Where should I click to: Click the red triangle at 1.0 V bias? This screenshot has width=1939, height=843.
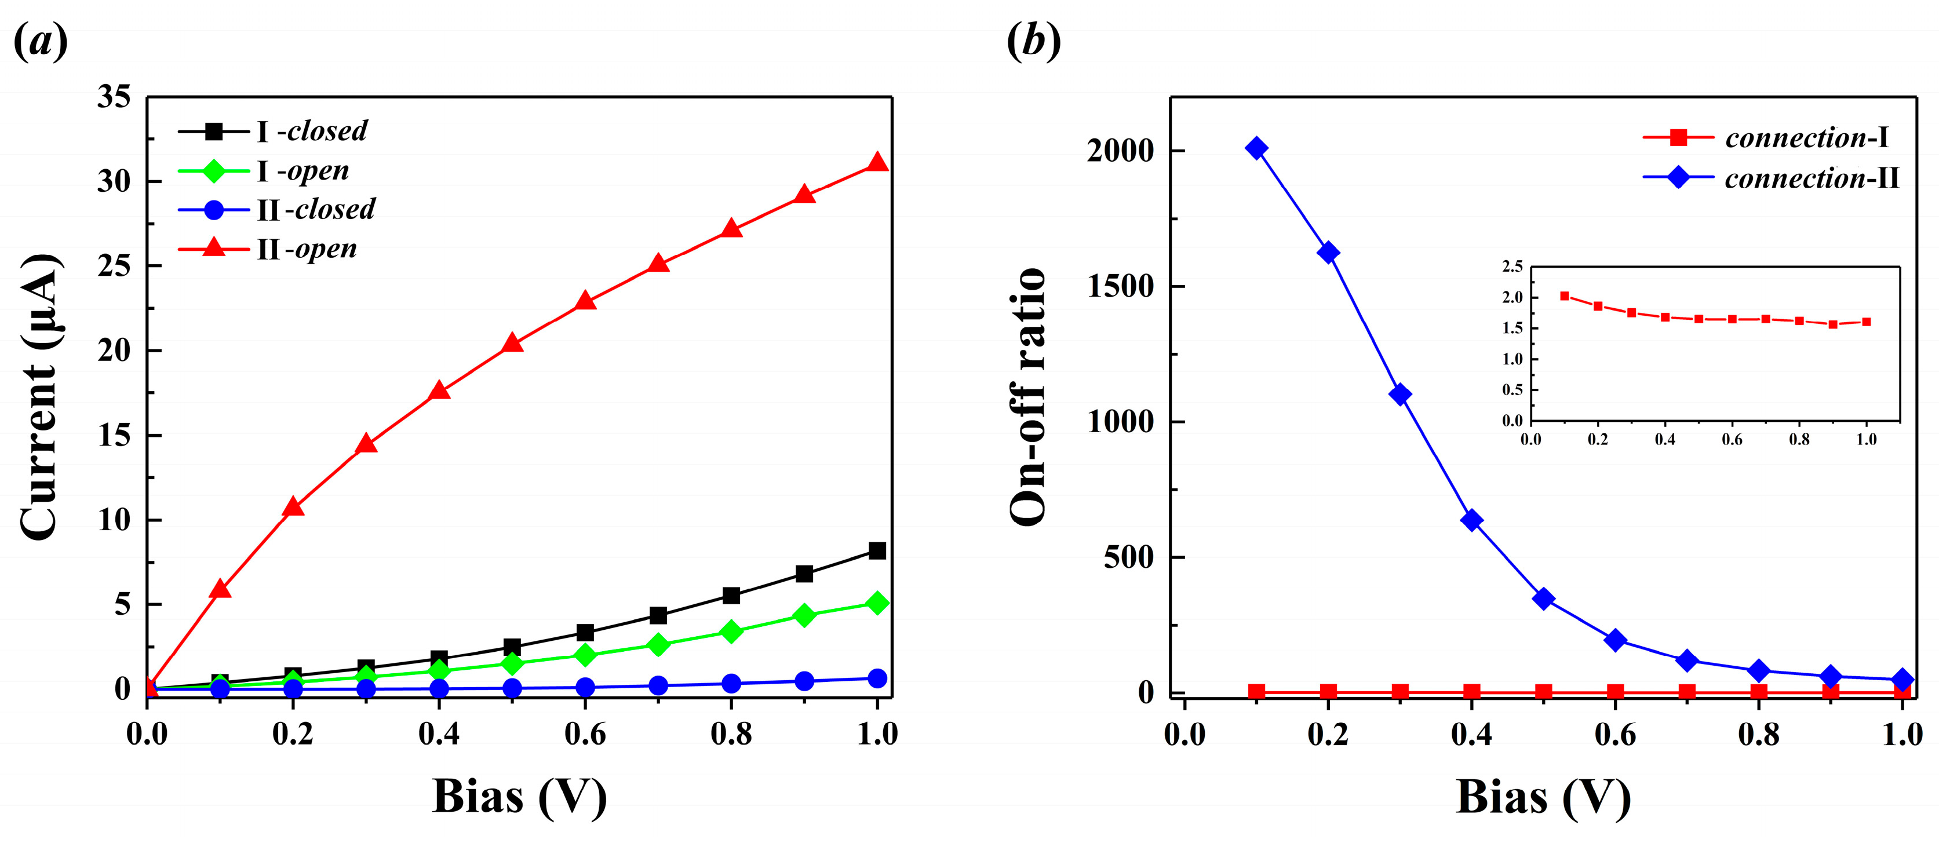[877, 163]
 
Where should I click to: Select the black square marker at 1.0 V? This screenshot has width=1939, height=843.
[877, 551]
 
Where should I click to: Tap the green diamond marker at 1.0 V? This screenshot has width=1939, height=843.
[877, 603]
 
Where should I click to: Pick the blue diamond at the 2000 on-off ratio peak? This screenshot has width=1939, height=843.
[1256, 148]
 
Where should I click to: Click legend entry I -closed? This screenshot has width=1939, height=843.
[312, 131]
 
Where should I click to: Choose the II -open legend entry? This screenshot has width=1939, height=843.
[307, 249]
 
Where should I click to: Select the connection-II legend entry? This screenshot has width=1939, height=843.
[1811, 178]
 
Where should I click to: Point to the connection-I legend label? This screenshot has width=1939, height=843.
[1806, 138]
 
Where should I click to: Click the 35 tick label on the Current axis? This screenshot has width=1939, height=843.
[114, 96]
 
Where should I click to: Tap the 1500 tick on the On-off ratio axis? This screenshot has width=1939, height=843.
[1120, 287]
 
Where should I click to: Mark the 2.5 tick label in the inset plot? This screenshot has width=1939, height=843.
[1512, 267]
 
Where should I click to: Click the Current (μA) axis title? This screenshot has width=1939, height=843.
[39, 397]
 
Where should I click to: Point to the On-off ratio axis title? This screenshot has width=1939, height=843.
[1028, 397]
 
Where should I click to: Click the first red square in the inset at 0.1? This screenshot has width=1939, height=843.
[1564, 296]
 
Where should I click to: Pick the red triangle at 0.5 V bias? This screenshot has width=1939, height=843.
[512, 343]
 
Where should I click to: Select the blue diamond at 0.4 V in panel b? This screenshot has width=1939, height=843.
[1471, 520]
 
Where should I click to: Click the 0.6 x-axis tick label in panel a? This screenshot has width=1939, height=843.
[585, 733]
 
